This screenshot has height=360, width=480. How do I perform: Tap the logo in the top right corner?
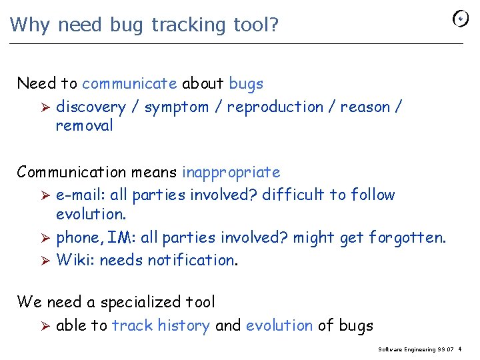461,19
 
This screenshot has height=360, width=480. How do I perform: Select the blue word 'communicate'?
129,84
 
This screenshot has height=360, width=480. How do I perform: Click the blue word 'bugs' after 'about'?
246,85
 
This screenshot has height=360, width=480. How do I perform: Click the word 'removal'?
85,125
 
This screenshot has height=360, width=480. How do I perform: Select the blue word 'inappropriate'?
231,172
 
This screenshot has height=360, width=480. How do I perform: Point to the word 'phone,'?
77,238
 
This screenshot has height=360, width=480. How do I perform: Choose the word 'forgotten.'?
407,238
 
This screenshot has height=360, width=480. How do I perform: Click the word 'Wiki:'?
75,260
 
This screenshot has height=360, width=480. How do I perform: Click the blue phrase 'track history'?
161,325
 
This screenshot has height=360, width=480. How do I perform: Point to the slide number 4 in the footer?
461,349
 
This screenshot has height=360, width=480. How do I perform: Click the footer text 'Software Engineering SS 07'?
416,349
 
